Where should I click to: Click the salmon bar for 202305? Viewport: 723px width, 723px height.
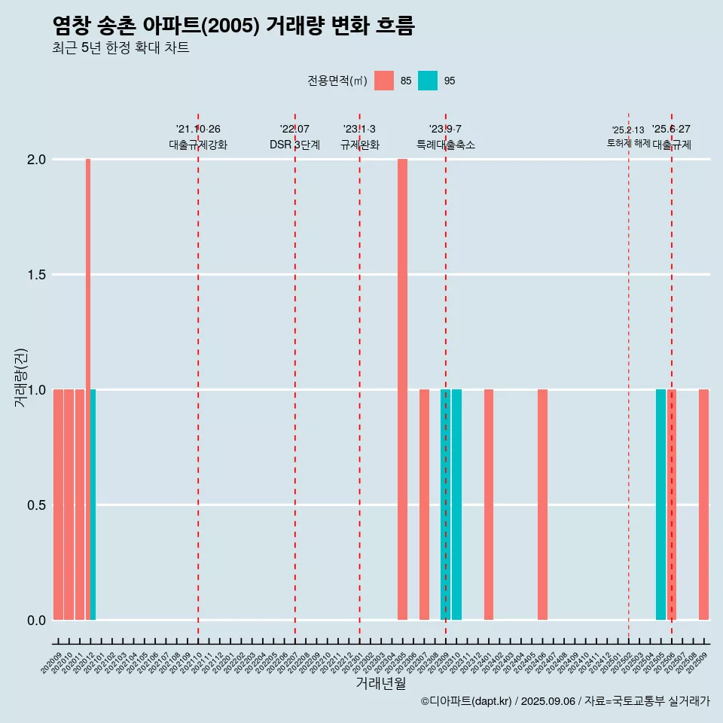402,389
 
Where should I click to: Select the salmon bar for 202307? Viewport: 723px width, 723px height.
424,505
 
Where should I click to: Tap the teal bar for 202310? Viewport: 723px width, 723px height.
456,505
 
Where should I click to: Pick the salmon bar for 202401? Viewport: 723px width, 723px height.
489,505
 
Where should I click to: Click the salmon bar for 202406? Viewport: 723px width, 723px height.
542,505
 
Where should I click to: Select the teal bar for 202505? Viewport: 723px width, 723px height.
660,505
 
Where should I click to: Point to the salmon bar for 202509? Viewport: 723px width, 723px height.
703,505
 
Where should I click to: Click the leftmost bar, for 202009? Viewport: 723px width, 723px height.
58,505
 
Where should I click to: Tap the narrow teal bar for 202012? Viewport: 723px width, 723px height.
93,505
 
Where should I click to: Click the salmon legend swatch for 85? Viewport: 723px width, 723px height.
384,81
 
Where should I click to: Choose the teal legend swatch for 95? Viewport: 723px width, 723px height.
428,81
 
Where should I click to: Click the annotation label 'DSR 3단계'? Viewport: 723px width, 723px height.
294,145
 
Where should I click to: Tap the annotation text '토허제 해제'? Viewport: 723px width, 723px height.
628,143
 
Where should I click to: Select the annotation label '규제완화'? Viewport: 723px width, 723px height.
359,145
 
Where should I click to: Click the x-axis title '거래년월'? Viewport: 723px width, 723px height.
380,684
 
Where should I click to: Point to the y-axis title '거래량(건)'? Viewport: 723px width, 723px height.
20,378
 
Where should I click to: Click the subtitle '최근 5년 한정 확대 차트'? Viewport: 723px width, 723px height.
120,48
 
